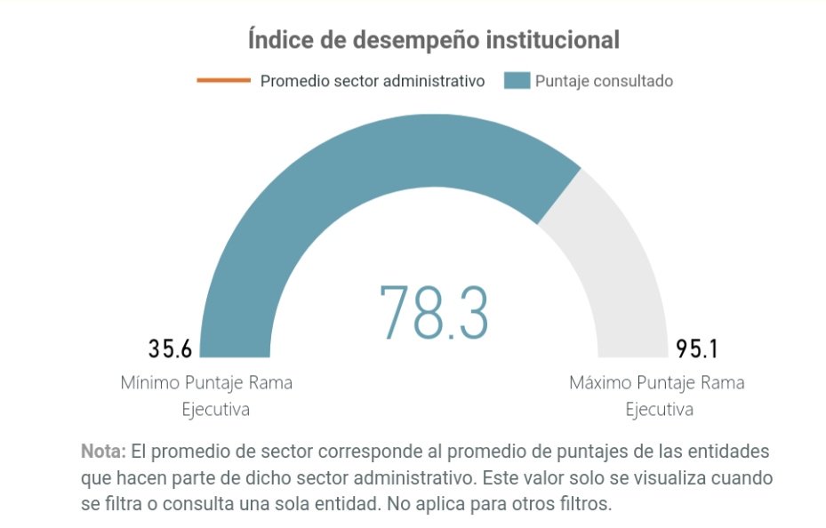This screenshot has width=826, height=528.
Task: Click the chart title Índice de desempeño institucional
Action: coord(433,40)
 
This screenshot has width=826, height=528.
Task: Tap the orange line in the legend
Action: coord(223,81)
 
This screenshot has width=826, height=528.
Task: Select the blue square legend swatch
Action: coord(517,81)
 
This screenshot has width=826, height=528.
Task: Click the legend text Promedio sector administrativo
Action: coord(372,81)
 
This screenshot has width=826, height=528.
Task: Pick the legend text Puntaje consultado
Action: coord(604,81)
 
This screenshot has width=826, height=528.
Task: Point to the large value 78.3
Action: coord(434,312)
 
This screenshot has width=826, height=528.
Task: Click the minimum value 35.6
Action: coord(170,348)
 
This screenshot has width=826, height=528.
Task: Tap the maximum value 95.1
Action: coord(697,348)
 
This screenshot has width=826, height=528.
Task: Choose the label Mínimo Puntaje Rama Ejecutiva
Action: coord(206,396)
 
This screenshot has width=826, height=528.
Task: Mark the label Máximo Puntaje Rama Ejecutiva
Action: coord(657,396)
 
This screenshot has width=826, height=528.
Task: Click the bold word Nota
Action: coord(103,451)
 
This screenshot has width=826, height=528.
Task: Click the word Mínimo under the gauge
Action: coord(149,383)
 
